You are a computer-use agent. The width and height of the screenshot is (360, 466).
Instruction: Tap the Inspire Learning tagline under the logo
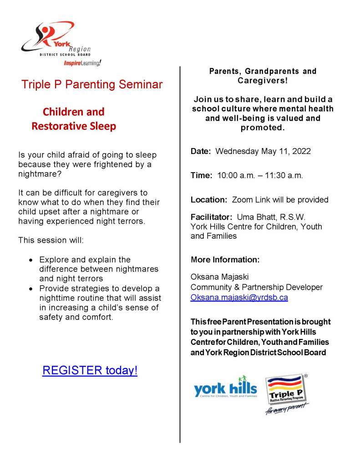pos(82,63)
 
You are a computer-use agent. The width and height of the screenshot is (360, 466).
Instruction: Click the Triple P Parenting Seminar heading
pos(92,84)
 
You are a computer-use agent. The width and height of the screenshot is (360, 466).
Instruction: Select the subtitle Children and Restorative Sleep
pos(74,119)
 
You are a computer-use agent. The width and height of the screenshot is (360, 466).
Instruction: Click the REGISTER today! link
pos(90,370)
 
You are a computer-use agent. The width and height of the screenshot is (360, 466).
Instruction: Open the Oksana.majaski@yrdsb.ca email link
pos(239,297)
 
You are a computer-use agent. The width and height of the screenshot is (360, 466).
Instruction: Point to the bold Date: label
pos(201,151)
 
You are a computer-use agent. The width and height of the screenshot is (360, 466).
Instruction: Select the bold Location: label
pos(208,200)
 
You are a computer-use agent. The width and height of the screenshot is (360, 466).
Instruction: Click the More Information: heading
pos(225,260)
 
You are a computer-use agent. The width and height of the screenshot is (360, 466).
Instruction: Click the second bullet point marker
pos(30,289)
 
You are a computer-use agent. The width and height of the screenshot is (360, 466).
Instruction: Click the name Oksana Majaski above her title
pos(217,277)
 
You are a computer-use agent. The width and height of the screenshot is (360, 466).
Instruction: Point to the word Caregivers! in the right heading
pos(263,81)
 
